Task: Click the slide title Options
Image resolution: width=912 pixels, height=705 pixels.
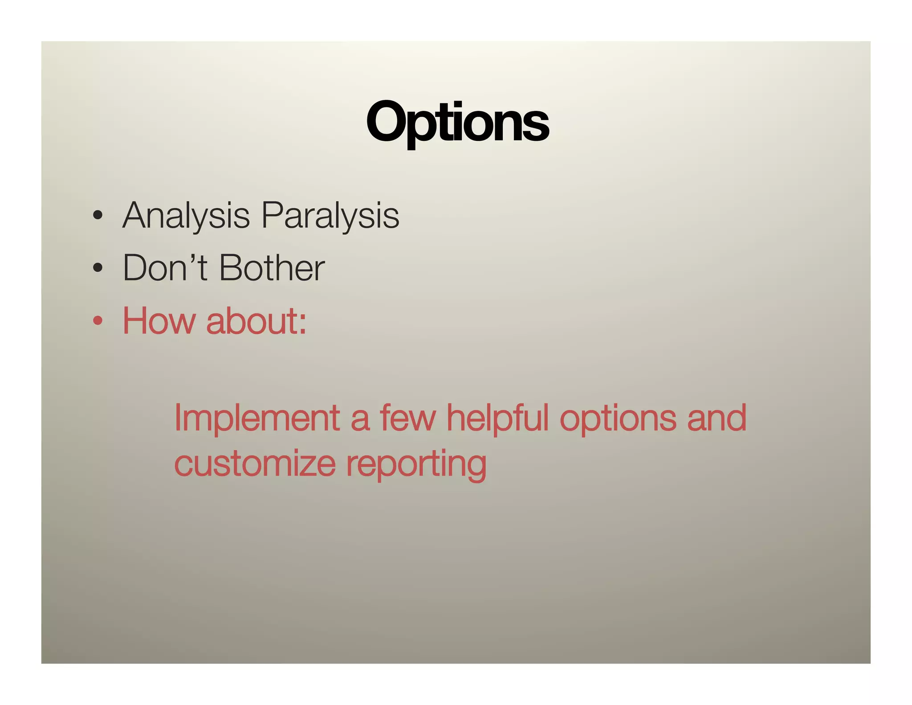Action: (457, 122)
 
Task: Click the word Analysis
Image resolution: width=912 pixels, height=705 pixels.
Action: (186, 216)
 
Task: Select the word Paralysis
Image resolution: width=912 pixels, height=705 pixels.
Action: (330, 216)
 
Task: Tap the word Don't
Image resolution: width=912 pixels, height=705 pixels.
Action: (165, 268)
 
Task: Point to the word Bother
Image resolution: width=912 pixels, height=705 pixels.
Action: (272, 268)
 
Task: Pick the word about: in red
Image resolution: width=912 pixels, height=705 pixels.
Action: (256, 320)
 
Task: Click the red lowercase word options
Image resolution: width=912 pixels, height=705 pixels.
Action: (618, 419)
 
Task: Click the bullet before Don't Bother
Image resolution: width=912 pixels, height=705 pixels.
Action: (98, 269)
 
